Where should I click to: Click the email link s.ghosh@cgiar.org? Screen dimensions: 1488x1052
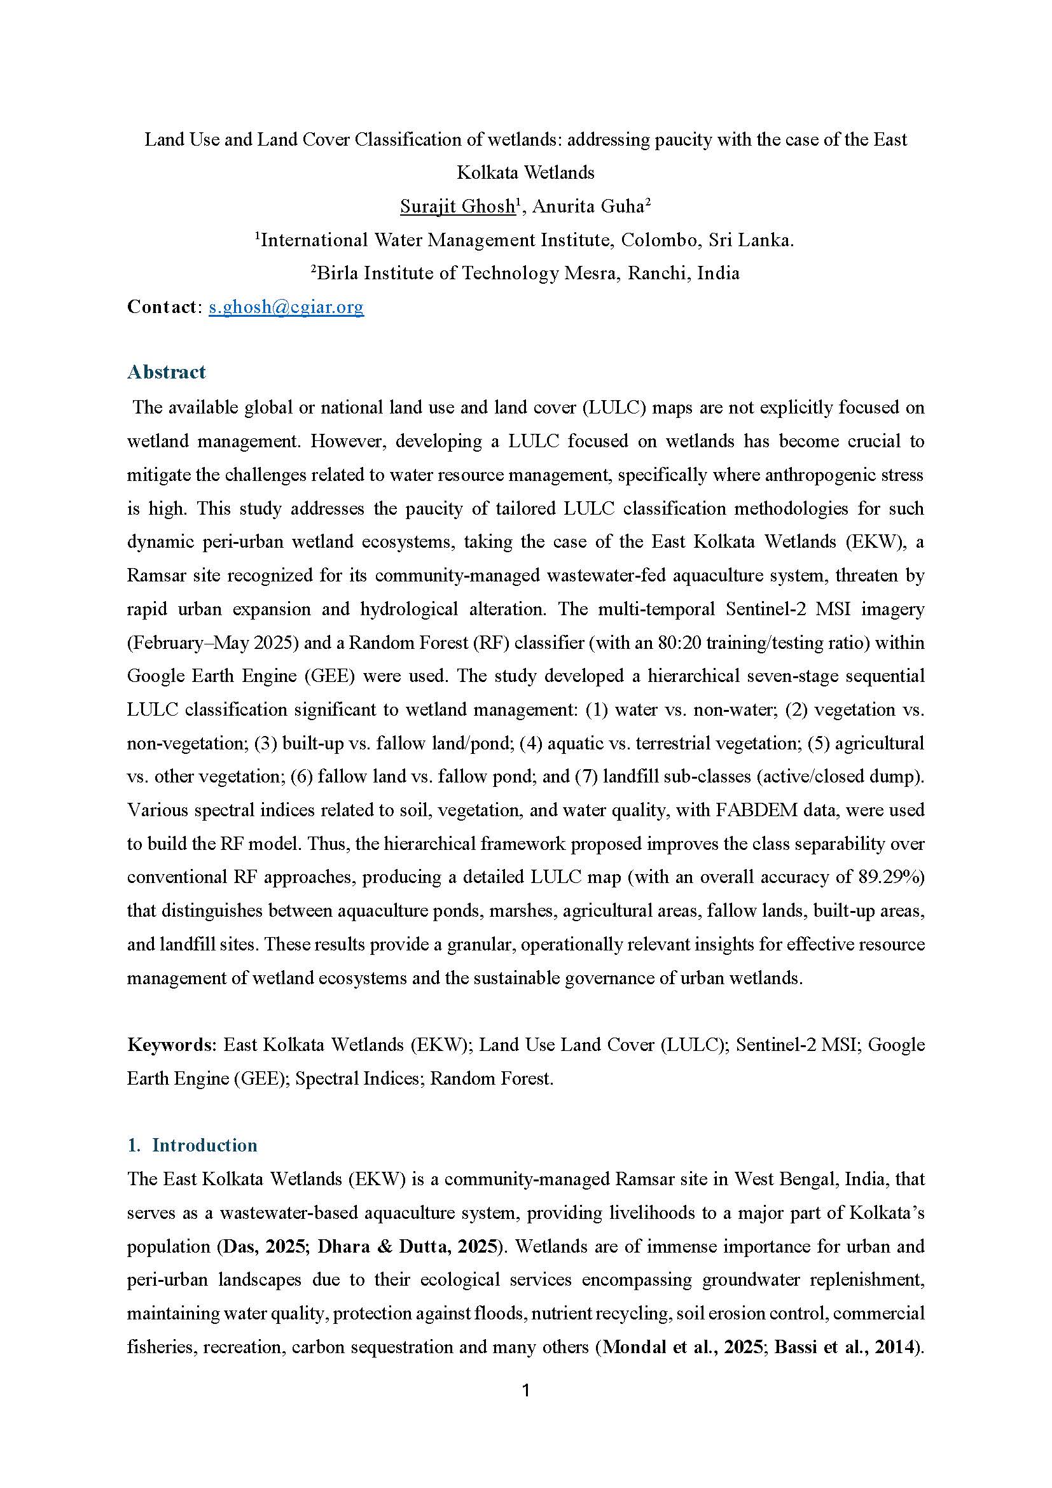[x=286, y=307]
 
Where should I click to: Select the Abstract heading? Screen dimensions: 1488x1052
[x=166, y=372]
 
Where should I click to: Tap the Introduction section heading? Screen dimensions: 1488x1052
[x=204, y=1145]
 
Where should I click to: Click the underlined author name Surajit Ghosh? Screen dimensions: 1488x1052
[x=457, y=206]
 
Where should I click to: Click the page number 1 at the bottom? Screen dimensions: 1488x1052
[x=525, y=1391]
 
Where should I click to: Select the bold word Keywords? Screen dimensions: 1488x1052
[x=170, y=1045]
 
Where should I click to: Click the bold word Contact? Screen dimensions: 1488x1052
[x=162, y=307]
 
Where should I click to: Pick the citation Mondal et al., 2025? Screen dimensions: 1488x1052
[x=682, y=1347]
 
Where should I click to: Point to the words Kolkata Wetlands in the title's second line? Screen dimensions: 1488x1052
[x=525, y=172]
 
